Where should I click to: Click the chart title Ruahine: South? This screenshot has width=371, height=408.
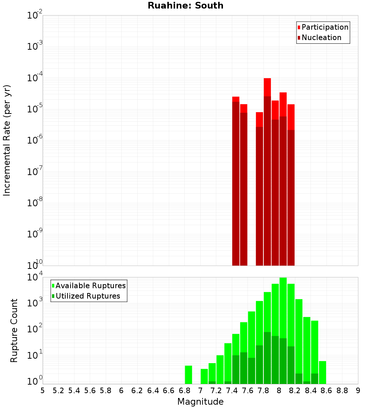pos(185,6)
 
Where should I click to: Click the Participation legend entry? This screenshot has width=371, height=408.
pos(325,27)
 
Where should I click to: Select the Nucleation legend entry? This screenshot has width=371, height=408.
pos(321,37)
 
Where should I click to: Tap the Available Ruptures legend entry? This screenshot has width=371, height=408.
pos(90,286)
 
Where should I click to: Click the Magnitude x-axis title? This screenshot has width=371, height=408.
pos(200,402)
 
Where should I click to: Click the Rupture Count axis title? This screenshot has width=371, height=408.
pos(14,330)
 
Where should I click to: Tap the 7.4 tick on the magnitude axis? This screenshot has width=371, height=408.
pos(232,390)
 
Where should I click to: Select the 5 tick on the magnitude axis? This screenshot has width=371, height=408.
pos(43,390)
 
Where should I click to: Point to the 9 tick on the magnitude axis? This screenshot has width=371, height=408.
pos(358,390)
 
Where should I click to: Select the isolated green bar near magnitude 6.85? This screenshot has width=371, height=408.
pos(188,375)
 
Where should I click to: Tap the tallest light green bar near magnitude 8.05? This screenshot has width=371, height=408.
pos(283,308)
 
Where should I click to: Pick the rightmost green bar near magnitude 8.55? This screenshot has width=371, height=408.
pos(322,372)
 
